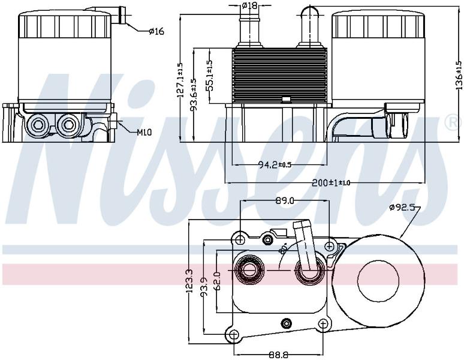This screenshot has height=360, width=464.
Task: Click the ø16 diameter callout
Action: (156, 31)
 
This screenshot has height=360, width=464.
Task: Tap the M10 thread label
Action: (144, 132)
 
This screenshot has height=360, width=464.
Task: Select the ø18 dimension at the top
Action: (249, 5)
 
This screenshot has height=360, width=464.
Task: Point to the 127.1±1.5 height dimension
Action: (180, 80)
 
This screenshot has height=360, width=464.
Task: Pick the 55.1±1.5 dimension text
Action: (209, 76)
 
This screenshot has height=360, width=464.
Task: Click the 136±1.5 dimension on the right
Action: (459, 75)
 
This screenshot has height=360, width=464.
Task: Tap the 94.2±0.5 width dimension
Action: (275, 164)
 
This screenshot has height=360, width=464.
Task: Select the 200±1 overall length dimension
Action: (331, 182)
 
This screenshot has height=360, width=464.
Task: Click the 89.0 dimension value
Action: (284, 201)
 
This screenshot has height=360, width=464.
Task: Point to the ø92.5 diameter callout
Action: (402, 208)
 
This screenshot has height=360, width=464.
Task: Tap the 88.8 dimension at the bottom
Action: (278, 355)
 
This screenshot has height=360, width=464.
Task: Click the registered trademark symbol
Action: (454, 122)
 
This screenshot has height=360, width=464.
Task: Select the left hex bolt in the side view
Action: (38, 125)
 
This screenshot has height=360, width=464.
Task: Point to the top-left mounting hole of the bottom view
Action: (240, 239)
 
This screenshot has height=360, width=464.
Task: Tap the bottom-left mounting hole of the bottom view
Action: (233, 335)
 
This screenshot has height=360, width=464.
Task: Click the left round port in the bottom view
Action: (249, 270)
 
